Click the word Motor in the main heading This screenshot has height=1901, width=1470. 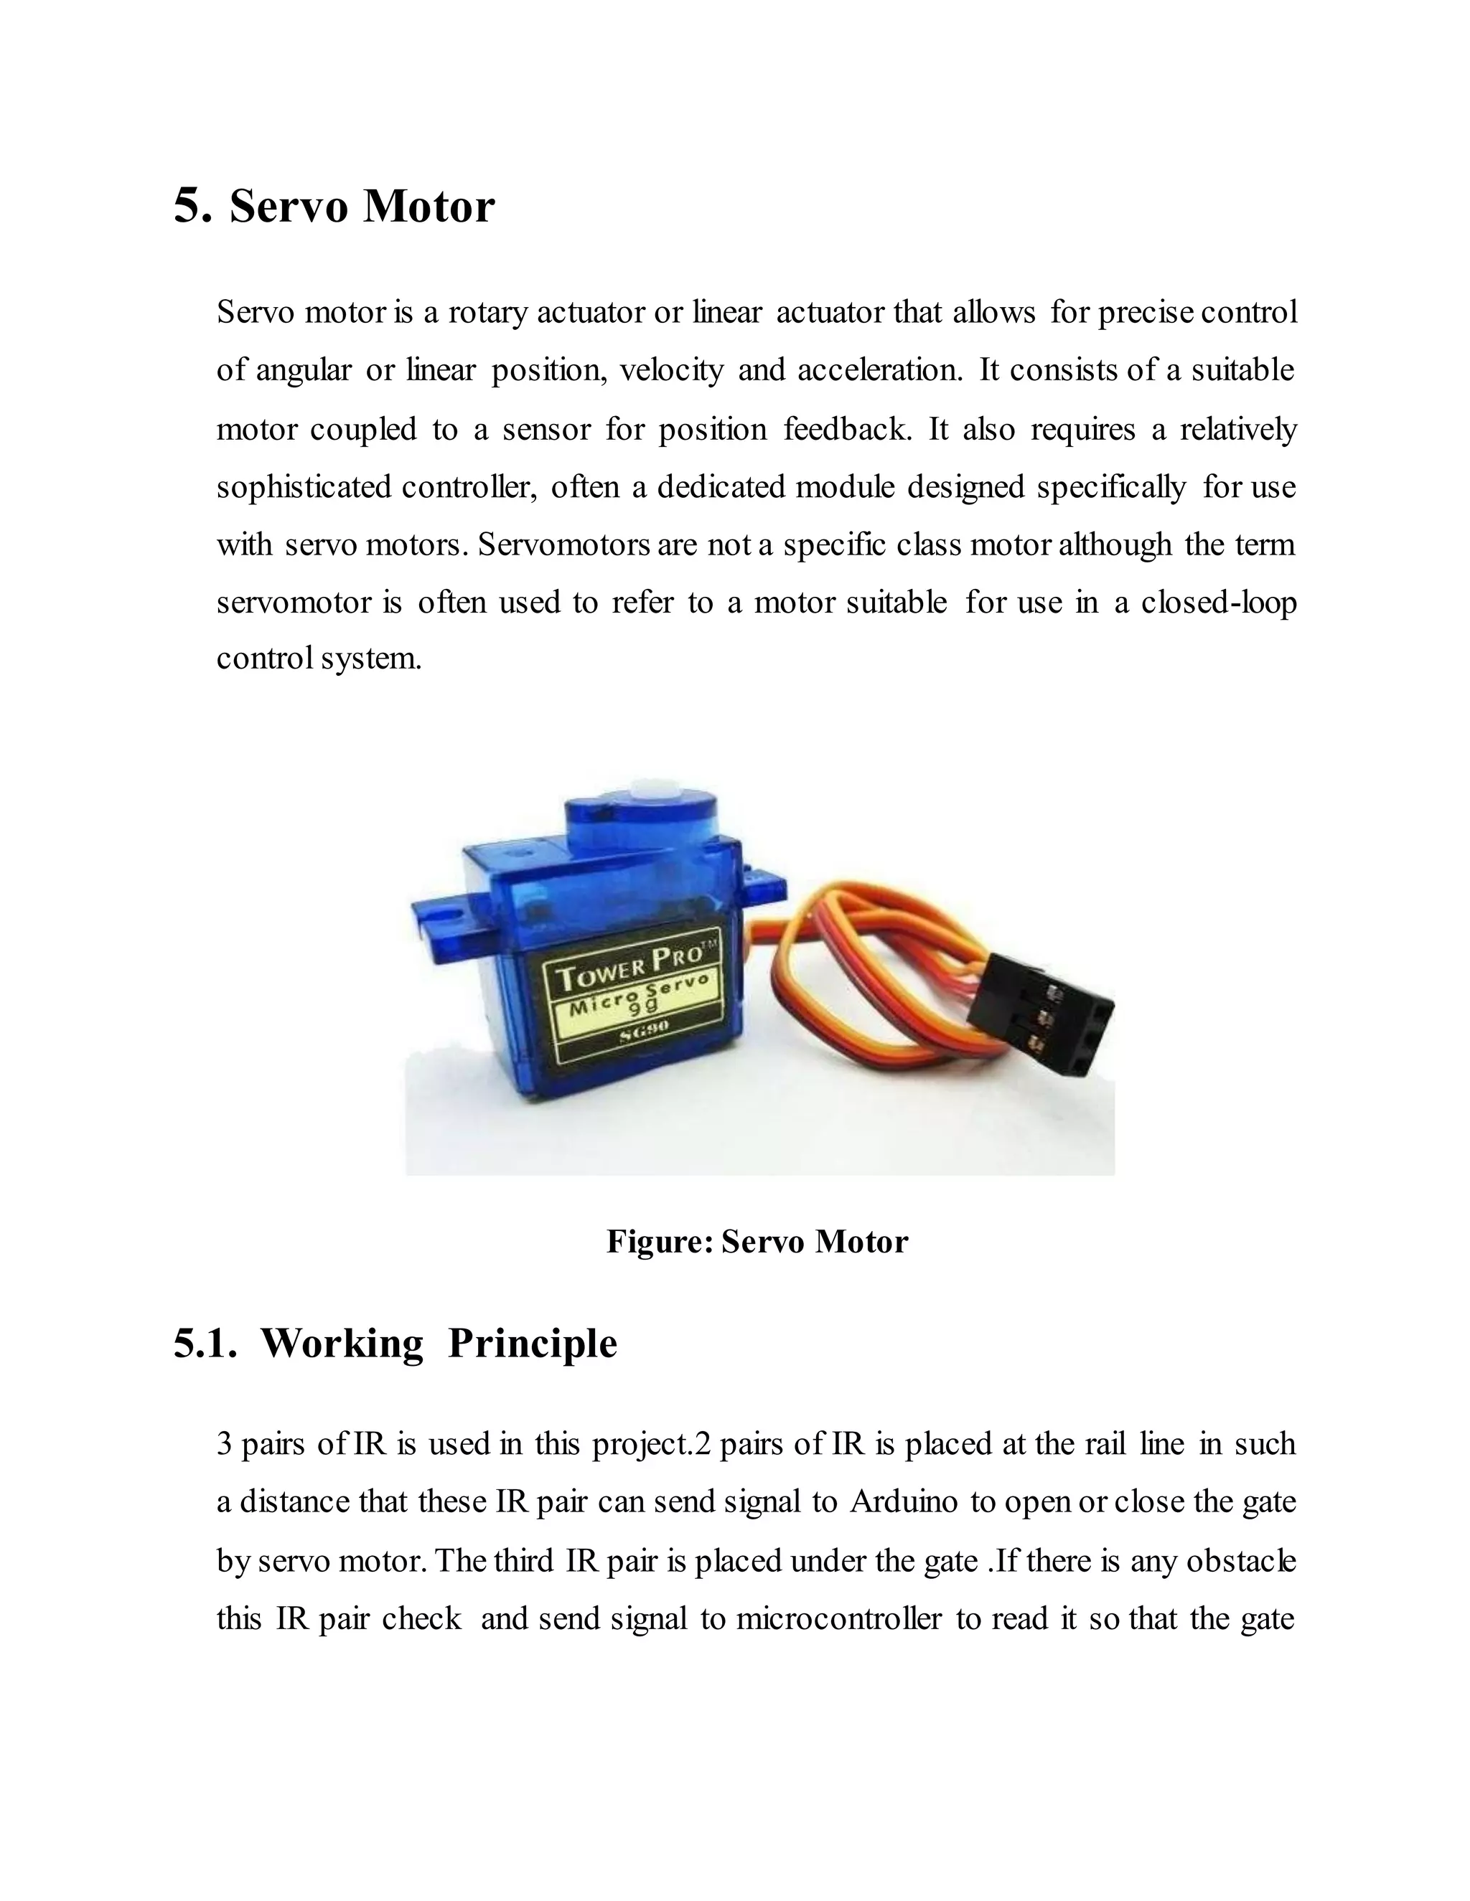pos(429,207)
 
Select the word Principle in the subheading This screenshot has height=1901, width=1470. pos(532,1345)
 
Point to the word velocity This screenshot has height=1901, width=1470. pos(671,371)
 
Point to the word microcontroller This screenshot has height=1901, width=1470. pos(838,1618)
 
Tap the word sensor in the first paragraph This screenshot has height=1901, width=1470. pos(546,429)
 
